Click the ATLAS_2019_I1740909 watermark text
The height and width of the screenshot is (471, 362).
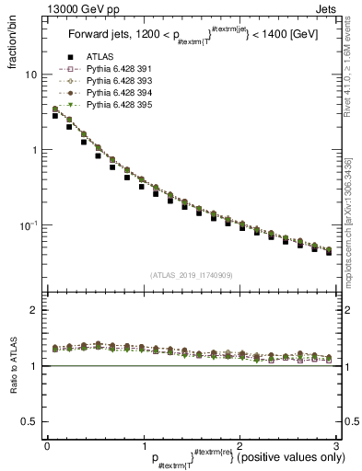(x=191, y=275)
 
